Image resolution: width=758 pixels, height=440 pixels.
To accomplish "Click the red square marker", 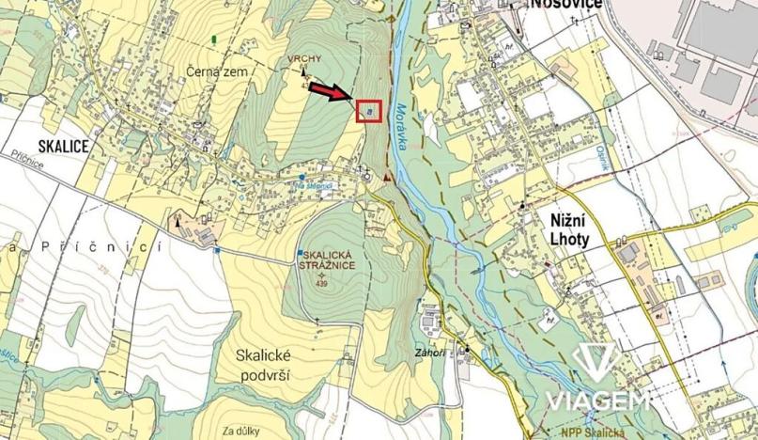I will point(370,112).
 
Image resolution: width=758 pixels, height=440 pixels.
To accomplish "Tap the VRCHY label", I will point(305,58).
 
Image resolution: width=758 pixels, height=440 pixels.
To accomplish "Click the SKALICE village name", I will point(63,146).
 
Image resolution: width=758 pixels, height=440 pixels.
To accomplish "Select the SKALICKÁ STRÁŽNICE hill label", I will point(326,260).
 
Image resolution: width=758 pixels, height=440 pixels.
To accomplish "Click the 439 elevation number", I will point(322,283).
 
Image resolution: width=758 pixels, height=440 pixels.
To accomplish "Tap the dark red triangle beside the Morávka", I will point(386,176).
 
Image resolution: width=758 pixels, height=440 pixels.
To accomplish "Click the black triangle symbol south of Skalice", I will point(177,220).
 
